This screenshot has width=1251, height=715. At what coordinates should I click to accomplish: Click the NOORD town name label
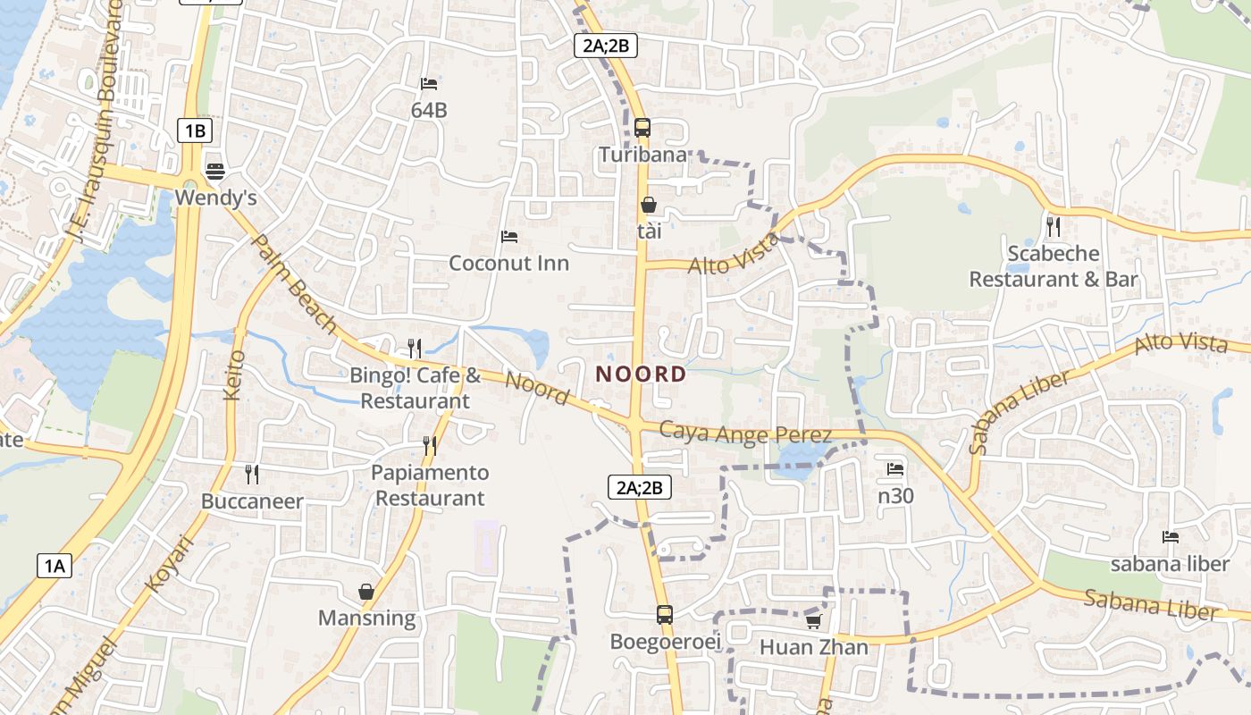click(x=641, y=374)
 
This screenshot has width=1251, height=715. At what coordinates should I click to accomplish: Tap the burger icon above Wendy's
click(x=214, y=170)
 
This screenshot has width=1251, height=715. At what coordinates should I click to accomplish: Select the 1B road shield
click(x=195, y=130)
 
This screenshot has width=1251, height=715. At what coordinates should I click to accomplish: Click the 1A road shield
click(x=54, y=565)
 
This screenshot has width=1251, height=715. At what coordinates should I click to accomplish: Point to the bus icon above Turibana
click(x=642, y=127)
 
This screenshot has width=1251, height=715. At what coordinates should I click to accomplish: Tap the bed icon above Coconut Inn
click(x=509, y=237)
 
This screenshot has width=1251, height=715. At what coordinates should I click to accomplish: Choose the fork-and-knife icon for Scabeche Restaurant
click(x=1054, y=226)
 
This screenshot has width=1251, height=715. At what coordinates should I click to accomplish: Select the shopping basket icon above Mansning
click(x=366, y=591)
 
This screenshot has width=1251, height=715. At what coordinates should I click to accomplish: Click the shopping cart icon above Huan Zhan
click(x=813, y=620)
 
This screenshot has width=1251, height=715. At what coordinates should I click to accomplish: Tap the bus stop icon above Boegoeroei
click(x=664, y=614)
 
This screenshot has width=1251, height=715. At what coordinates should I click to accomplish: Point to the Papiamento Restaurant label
click(x=430, y=485)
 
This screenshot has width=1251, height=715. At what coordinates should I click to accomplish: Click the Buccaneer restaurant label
click(x=252, y=501)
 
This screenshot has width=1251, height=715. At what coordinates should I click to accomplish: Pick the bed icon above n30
click(x=894, y=468)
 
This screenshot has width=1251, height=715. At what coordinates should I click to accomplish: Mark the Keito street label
click(x=236, y=374)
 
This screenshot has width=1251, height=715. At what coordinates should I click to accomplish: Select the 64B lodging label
click(x=429, y=111)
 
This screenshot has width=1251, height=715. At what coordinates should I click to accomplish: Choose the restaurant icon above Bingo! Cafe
click(x=414, y=348)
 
